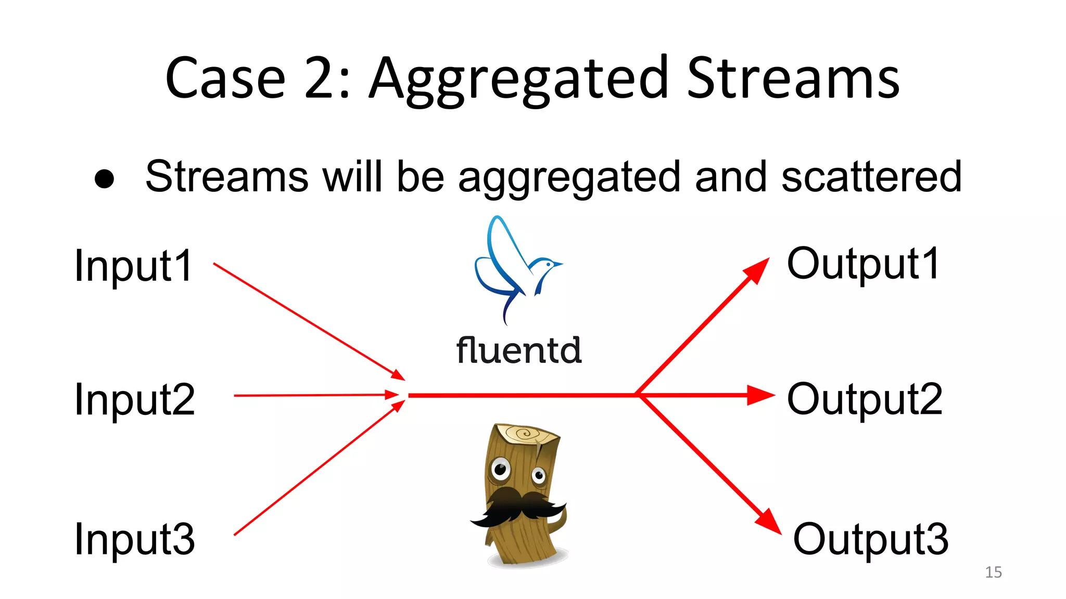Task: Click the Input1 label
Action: click(133, 266)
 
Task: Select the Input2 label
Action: click(134, 399)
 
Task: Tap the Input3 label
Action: click(134, 539)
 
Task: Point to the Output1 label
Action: click(863, 264)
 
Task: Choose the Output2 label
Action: click(865, 399)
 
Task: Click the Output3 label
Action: click(870, 539)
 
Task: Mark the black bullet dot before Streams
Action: click(104, 179)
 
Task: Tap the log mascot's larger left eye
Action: click(501, 470)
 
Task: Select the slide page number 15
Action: click(993, 572)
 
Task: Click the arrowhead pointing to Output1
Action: click(757, 269)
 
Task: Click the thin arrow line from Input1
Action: click(307, 320)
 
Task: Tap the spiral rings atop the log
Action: click(526, 433)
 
